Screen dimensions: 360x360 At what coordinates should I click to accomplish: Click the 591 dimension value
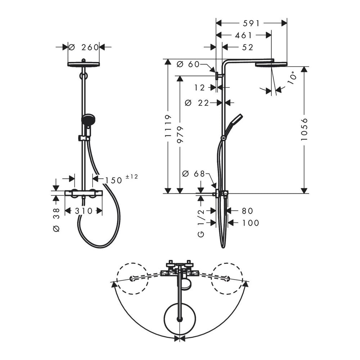251,23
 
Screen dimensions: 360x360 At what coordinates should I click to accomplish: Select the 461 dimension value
244,35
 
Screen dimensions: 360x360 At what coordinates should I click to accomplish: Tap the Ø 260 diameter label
84,47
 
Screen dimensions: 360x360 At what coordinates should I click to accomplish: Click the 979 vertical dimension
180,134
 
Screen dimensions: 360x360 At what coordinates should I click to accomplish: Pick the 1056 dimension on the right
304,130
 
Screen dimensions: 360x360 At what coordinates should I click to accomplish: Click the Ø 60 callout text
188,64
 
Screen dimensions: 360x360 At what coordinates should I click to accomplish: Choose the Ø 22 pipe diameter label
197,103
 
